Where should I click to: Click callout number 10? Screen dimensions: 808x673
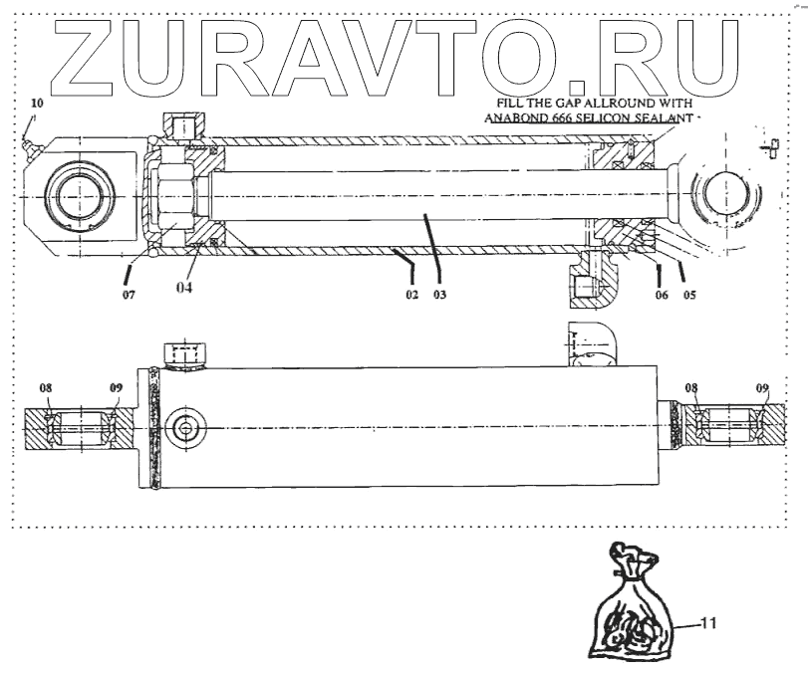[37, 104]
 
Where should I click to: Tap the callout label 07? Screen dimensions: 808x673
[128, 296]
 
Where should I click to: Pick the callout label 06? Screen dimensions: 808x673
[660, 296]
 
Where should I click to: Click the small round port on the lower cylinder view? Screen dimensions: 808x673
[184, 428]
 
